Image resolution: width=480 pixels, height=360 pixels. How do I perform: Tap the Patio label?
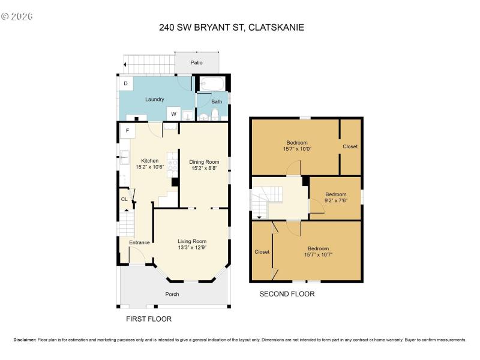coord(197,62)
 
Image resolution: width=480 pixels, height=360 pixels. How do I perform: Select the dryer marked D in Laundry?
coord(125,83)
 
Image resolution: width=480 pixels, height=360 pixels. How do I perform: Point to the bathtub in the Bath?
coord(211,84)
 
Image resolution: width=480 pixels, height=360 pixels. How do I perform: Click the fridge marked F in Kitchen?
coord(128,130)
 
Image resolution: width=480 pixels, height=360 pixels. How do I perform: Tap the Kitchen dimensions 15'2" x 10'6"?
coord(150,167)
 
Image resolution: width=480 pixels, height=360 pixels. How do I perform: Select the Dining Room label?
coord(205,161)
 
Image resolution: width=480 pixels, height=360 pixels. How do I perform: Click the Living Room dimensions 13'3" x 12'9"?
coord(192,248)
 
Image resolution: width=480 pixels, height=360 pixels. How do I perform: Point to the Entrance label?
coord(139,242)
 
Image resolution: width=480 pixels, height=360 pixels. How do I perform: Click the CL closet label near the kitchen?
coord(124,199)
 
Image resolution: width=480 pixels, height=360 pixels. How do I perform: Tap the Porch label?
coord(172,294)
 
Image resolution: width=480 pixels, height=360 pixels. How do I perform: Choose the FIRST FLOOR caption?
coord(149,319)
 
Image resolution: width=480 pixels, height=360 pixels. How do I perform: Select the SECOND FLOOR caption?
coord(287,294)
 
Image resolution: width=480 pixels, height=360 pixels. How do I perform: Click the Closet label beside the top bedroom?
coord(350,146)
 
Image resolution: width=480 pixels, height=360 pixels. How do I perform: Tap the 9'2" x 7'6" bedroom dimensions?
coord(336,201)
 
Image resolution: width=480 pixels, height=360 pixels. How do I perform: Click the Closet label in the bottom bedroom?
coord(262,252)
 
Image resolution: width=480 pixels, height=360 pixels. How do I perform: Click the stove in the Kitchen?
coord(172,161)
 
